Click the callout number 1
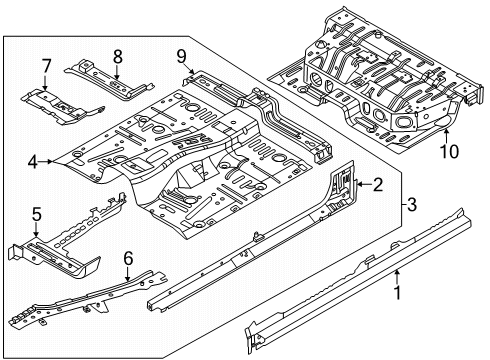tap(397, 293)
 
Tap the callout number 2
tap(378, 184)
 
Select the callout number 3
tap(412, 204)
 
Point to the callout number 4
tap(33, 162)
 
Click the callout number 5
tap(36, 214)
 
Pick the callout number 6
tap(128, 258)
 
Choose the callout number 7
tap(46, 66)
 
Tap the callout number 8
tap(118, 56)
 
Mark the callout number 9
tap(181, 56)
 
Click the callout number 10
tap(449, 152)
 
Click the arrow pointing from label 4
tap(46, 162)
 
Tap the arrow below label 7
tap(45, 83)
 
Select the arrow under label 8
tap(117, 72)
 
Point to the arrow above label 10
tap(446, 136)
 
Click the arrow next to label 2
tap(363, 184)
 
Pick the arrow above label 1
tap(396, 277)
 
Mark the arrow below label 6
tap(128, 274)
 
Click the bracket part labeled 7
tap(63, 106)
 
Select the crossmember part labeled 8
tap(110, 79)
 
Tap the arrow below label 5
tap(36, 230)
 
